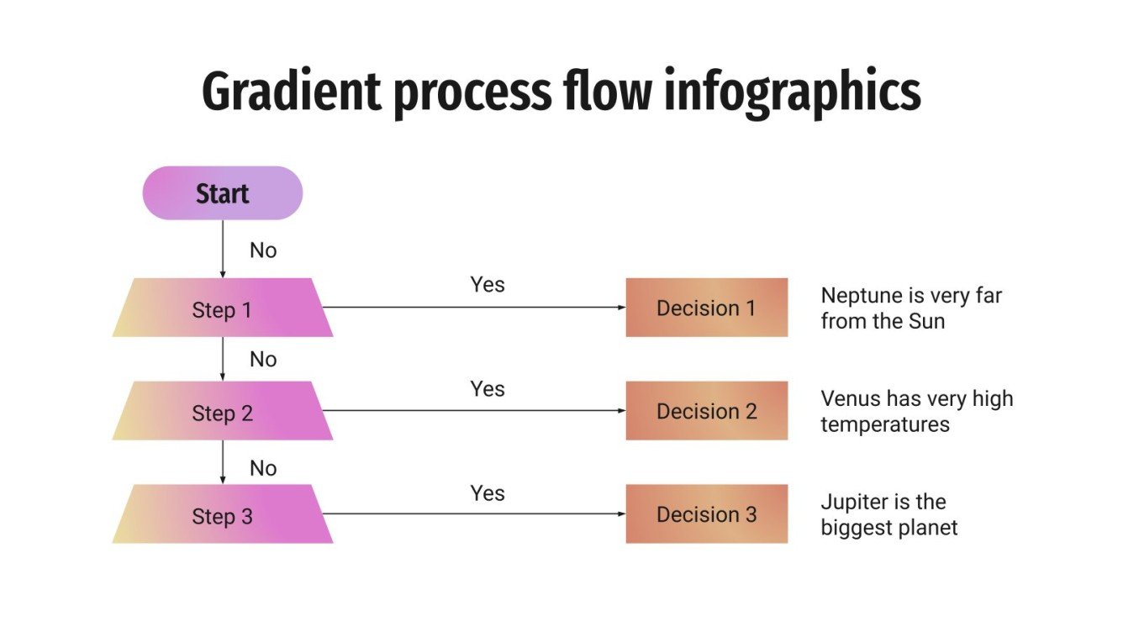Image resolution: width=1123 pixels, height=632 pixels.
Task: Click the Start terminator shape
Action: pos(222,193)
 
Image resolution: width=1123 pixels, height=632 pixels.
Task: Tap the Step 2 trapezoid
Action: pos(222,412)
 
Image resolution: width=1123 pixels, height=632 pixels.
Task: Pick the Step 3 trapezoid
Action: pos(222,514)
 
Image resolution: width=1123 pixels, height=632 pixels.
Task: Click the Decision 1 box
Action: pos(706,308)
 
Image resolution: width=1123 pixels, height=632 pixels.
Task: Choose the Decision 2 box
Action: pos(706,411)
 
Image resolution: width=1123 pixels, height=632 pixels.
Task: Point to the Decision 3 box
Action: pos(706,513)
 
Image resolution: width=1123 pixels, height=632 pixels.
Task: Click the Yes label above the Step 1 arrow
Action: pos(488,285)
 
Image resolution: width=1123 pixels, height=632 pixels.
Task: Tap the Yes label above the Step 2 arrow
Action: pos(488,389)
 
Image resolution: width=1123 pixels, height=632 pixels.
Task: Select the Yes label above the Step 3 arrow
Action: pos(488,493)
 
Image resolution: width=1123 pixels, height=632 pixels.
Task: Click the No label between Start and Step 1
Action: pos(263,250)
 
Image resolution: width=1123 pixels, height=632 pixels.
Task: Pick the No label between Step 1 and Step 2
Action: pos(263,360)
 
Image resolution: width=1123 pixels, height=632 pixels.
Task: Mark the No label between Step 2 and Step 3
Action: pos(263,468)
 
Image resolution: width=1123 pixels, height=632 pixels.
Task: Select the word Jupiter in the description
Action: pos(851,503)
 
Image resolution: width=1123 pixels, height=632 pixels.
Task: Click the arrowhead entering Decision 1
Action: pos(621,308)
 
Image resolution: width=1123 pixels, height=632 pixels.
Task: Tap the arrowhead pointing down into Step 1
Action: pos(223,273)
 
